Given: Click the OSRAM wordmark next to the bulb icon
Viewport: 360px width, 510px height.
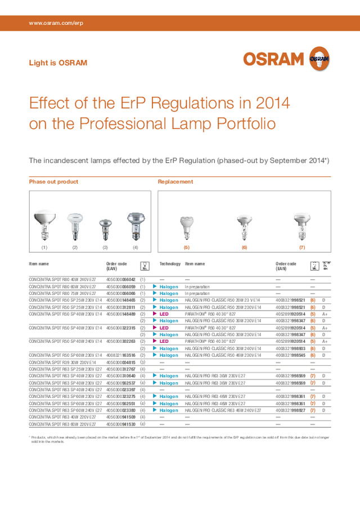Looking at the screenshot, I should tap(274, 59).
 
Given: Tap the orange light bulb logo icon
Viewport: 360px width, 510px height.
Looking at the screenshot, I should tap(319, 58).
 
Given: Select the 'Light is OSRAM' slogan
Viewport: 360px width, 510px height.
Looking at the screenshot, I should tap(58, 63).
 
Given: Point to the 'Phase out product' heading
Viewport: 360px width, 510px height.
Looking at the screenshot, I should tap(53, 182).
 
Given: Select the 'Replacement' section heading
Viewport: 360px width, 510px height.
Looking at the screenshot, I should tap(175, 182).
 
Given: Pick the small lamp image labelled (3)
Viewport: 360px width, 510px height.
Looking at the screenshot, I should tap(105, 230).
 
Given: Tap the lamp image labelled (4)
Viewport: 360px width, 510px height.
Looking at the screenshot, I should tap(135, 226).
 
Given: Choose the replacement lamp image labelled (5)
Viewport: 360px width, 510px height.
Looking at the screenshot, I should tap(187, 229).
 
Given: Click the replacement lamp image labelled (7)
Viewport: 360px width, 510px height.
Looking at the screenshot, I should tap(302, 227).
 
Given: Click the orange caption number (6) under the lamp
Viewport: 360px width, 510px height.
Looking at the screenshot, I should tap(244, 247).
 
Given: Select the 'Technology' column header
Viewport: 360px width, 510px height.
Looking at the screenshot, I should tap(170, 263).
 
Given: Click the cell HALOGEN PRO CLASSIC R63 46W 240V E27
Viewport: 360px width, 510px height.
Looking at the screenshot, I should tap(223, 411).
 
